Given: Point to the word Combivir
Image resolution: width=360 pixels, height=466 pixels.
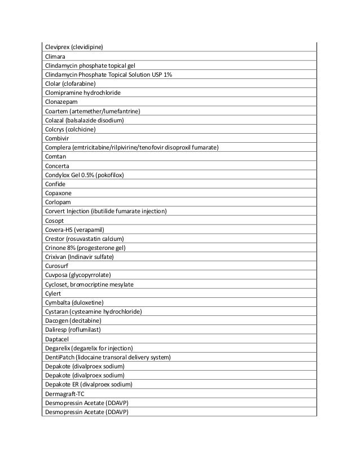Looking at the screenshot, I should (57, 138).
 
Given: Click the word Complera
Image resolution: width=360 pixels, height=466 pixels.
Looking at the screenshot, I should (59, 148).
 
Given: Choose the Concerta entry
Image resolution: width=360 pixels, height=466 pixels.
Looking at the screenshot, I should (57, 166).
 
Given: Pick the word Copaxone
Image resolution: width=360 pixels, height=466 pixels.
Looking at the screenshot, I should (59, 194).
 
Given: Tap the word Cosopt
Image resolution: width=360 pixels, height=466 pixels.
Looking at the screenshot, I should (55, 221).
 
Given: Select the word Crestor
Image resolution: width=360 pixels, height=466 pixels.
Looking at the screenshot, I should (55, 239).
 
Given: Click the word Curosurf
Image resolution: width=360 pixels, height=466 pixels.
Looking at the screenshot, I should (58, 266).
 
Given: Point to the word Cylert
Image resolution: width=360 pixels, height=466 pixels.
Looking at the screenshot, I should (53, 293).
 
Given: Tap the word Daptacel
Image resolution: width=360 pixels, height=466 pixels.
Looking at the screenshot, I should (58, 339).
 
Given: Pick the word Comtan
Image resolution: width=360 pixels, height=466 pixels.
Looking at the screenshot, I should (55, 157).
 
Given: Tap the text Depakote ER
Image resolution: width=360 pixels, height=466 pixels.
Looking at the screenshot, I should (65, 385).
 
